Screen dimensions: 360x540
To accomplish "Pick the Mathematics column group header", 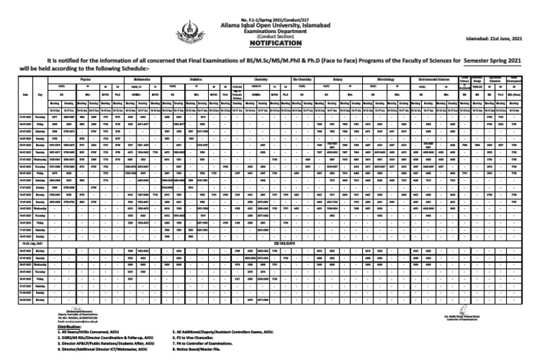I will [159, 81].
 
